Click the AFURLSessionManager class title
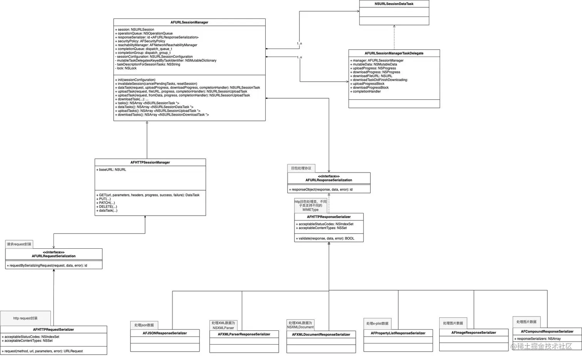pyautogui.click(x=189, y=22)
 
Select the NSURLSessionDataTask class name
pyautogui.click(x=394, y=4)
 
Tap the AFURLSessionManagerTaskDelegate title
pyautogui.click(x=394, y=53)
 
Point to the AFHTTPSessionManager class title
pyautogui.click(x=150, y=162)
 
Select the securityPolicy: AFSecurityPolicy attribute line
pyautogui.click(x=141, y=41)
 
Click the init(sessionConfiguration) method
pyautogui.click(x=136, y=80)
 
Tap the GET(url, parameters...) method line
pyautogui.click(x=149, y=195)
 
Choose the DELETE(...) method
pyautogui.click(x=108, y=207)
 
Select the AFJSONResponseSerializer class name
pyautogui.click(x=165, y=333)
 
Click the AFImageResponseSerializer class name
pyautogui.click(x=473, y=333)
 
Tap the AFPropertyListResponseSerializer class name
pyautogui.click(x=398, y=333)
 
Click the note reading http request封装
pyautogui.click(x=25, y=318)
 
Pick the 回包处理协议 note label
pyautogui.click(x=301, y=168)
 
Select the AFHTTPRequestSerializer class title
pyautogui.click(x=54, y=330)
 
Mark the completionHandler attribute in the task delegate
pyautogui.click(x=366, y=92)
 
